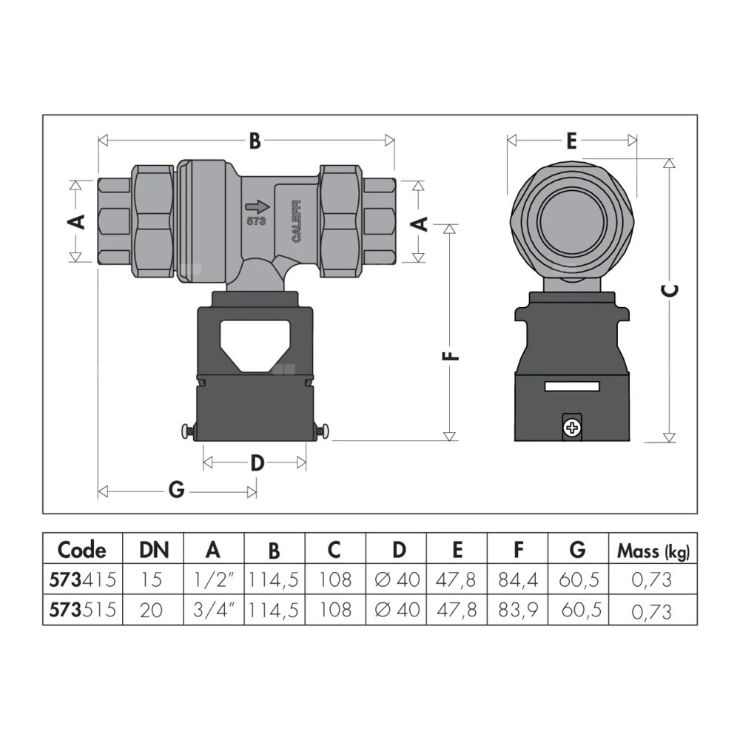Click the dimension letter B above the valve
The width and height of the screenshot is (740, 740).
tap(254, 141)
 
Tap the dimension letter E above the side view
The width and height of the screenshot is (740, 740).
tap(571, 141)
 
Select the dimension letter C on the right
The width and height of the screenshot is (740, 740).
tap(669, 291)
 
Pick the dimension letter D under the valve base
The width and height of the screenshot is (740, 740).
tap(256, 463)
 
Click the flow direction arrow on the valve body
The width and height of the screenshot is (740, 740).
tap(256, 208)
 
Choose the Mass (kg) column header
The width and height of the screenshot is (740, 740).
tap(653, 551)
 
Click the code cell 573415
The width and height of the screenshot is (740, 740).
tap(81, 579)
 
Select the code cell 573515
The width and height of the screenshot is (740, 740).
tap(81, 610)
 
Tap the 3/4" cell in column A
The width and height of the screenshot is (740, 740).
tap(213, 610)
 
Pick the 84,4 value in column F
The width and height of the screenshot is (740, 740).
tap(518, 579)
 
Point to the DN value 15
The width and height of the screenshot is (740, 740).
tap(152, 579)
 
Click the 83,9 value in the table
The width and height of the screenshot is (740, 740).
tap(518, 610)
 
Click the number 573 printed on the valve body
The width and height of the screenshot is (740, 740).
tap(255, 221)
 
